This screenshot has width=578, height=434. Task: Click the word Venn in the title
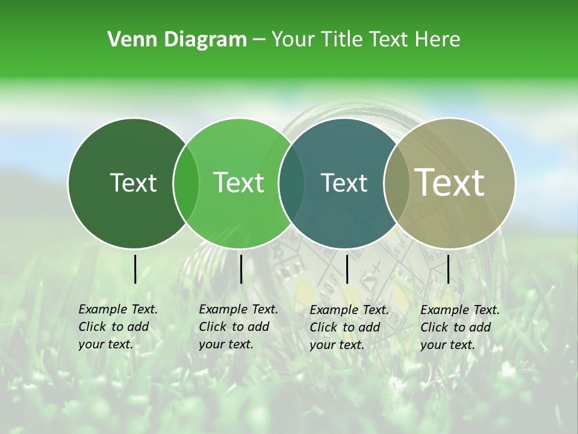pos(125,39)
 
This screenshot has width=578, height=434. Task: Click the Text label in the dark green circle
pos(133,183)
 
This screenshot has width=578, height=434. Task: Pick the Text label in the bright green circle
pos(239,183)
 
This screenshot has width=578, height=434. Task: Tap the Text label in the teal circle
pos(344,183)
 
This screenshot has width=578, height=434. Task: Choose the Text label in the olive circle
pos(449,183)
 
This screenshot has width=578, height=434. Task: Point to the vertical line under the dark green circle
pos(135,269)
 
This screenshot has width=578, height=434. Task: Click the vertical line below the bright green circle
pos(241,269)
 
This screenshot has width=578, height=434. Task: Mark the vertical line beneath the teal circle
pos(347,269)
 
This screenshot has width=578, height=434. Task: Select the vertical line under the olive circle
pos(448,269)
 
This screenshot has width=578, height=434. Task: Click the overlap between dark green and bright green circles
pos(186,183)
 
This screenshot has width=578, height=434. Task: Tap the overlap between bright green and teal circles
pos(291,183)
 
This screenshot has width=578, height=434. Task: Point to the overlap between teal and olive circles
pos(396,183)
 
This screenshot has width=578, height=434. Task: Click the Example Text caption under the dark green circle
pos(117,327)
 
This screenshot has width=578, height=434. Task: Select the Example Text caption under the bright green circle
pos(238,327)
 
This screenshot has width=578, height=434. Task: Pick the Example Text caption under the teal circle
pos(349,327)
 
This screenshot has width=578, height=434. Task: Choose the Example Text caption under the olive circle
pos(459,327)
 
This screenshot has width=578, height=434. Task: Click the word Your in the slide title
pos(293,39)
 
